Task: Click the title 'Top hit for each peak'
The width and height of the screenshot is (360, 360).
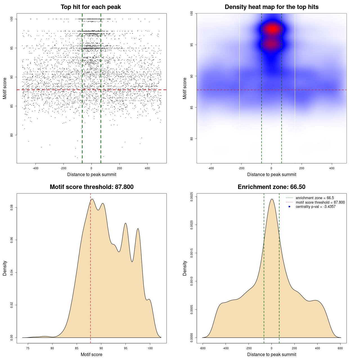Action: tap(91, 7)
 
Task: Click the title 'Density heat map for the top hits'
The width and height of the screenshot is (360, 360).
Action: tap(271, 7)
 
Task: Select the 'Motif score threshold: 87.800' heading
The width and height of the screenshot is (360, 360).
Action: tap(91, 187)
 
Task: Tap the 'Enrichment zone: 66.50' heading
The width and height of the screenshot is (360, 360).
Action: tap(271, 187)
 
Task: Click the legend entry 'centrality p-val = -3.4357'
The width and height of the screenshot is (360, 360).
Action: tap(316, 207)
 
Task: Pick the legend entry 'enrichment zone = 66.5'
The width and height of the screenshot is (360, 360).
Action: tap(315, 198)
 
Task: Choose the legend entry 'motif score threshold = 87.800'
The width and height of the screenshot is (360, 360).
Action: tap(320, 202)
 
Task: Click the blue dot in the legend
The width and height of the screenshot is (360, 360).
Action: tap(289, 207)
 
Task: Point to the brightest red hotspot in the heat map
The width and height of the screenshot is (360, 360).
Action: tap(272, 29)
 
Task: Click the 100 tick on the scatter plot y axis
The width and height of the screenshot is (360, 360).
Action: tap(12, 19)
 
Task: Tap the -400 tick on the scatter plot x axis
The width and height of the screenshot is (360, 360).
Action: tap(35, 168)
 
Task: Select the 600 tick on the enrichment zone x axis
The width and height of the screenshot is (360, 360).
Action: tap(340, 348)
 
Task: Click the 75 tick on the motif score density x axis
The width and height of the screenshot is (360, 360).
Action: tap(28, 348)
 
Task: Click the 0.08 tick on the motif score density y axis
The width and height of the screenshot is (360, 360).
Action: tap(12, 208)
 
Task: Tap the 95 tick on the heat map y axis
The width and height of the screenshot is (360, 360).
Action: tap(192, 45)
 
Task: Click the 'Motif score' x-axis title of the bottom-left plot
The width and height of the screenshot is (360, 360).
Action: tap(91, 354)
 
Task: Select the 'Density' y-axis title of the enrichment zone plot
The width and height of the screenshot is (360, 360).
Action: tap(185, 268)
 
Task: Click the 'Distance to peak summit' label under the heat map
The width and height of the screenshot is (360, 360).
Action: tap(271, 174)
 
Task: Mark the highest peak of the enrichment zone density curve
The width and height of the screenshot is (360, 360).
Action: tap(272, 199)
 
